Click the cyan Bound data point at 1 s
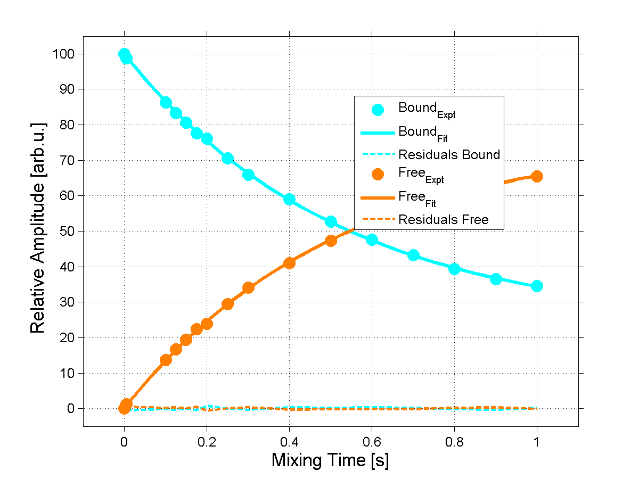(537, 286)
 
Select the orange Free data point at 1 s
(537, 176)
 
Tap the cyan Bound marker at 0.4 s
(289, 199)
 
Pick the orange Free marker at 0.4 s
(289, 263)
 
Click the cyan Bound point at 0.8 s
(454, 269)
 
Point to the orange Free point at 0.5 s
(331, 241)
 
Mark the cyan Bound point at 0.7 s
(413, 255)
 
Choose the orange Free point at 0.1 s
(166, 360)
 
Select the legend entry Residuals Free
(444, 219)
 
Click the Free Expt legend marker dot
(378, 174)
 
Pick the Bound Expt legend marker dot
(378, 110)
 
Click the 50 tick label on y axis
(67, 231)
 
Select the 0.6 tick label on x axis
(372, 441)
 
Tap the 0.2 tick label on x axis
(207, 441)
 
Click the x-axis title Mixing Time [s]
(330, 460)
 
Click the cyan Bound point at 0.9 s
(496, 279)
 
